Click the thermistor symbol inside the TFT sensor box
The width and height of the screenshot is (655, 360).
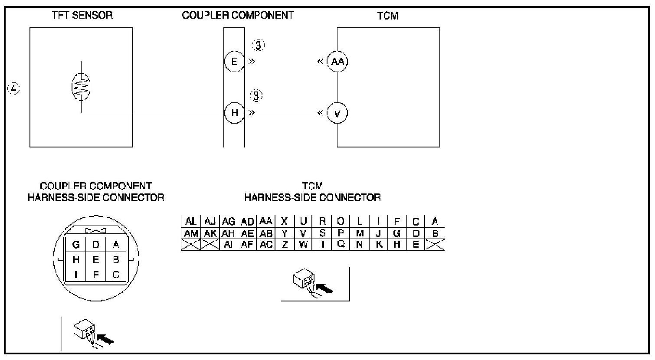click(81, 87)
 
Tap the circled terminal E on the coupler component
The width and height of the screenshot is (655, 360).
click(234, 61)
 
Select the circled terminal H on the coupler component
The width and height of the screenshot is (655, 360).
click(234, 113)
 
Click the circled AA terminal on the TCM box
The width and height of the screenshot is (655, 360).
click(337, 61)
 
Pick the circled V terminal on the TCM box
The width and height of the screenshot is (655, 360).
click(337, 113)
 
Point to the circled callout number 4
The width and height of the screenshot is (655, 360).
click(14, 89)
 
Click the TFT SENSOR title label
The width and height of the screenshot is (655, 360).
click(82, 15)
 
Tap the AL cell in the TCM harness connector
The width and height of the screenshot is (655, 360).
click(191, 222)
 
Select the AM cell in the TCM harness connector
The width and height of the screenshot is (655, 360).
click(191, 233)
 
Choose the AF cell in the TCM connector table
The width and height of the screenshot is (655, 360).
click(247, 244)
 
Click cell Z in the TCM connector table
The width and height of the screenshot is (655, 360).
click(285, 244)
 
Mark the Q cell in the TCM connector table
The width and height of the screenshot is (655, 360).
click(341, 244)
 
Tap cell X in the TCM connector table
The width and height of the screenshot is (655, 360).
click(285, 222)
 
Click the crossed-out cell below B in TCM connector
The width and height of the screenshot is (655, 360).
click(435, 244)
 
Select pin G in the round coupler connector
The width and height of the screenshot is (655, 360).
click(76, 245)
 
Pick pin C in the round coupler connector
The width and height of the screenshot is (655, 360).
click(116, 275)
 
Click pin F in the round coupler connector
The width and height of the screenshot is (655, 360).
click(96, 275)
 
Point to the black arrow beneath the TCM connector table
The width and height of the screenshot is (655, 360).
click(325, 288)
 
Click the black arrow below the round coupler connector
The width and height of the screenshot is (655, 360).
click(105, 338)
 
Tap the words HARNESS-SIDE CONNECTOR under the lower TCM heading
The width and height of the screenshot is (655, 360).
click(312, 198)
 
